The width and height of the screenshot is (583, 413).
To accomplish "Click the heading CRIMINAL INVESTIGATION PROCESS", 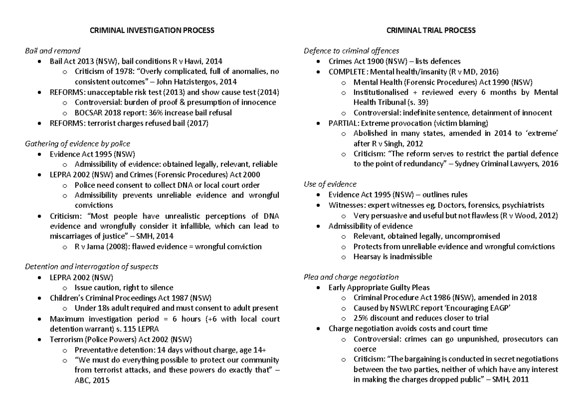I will click(152, 31).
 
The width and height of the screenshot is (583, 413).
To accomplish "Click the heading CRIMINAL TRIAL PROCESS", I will click(430, 31).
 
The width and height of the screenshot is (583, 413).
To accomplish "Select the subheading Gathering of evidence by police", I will click(77, 144).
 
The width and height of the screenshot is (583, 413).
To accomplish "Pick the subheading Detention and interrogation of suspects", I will click(91, 267).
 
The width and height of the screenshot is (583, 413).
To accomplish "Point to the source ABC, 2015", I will click(92, 381).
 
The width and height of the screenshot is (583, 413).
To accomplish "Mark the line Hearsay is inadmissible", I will click(393, 257).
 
